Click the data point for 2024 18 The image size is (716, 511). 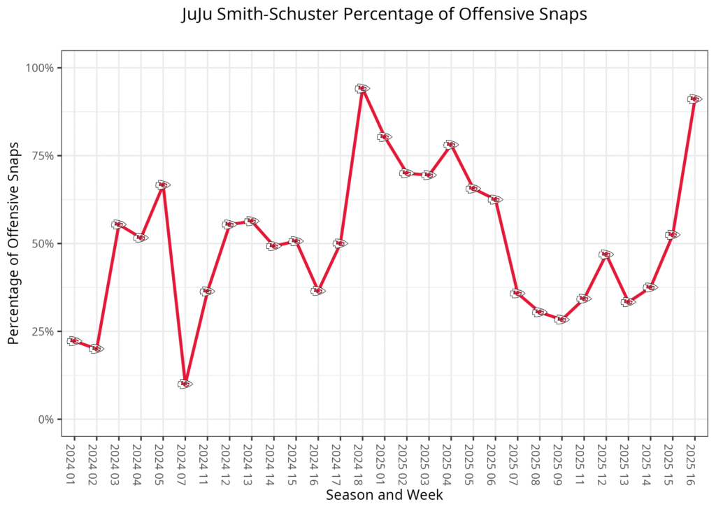(x=361, y=89)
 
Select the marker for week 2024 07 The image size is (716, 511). (x=185, y=384)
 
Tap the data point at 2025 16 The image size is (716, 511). (x=694, y=99)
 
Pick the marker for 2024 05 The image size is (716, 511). (x=162, y=185)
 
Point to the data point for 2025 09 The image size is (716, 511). (x=561, y=319)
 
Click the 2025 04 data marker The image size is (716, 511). (x=450, y=145)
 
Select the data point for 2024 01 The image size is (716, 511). (x=74, y=341)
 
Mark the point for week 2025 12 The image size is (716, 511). (x=606, y=254)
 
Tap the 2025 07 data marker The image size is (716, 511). (x=517, y=294)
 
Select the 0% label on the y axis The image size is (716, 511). (x=46, y=419)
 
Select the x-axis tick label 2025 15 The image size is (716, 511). (x=673, y=458)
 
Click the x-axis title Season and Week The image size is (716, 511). (x=384, y=495)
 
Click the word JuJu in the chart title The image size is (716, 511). (x=197, y=15)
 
